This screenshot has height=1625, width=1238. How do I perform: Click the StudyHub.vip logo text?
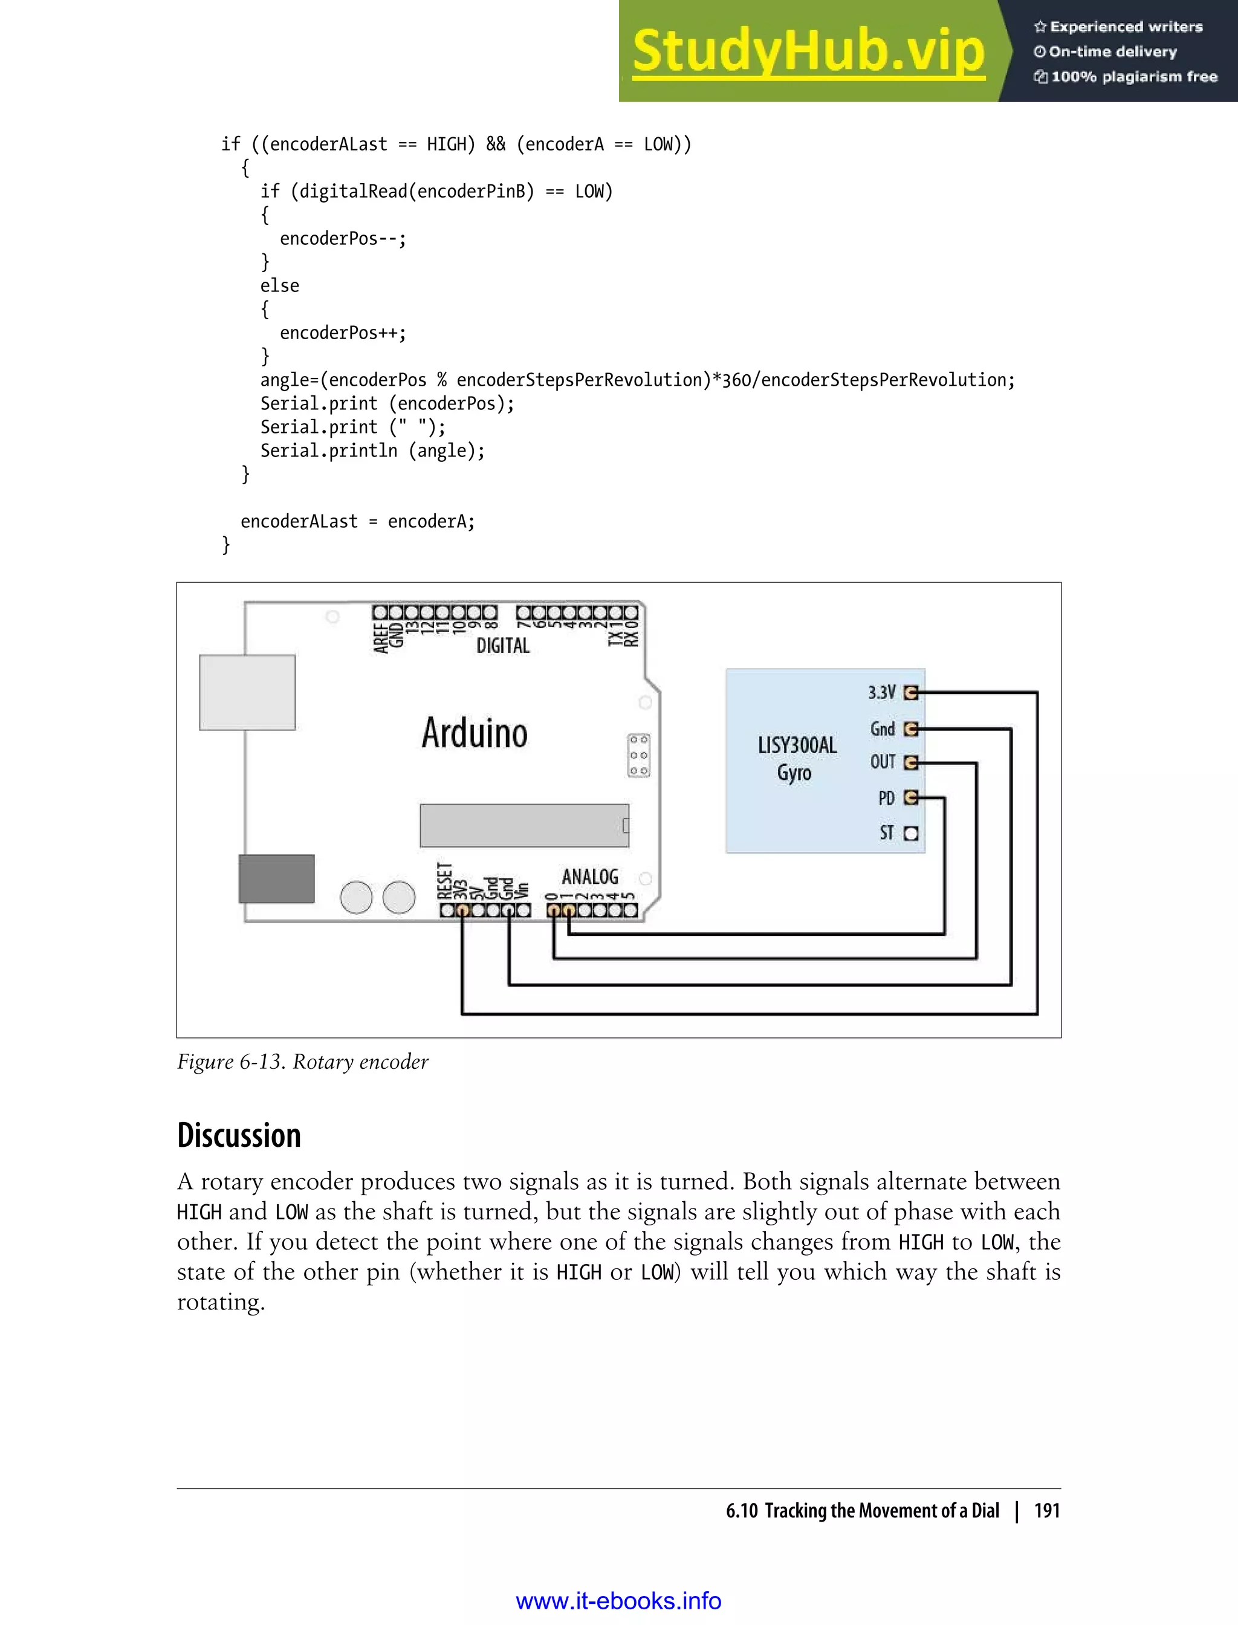coord(808,51)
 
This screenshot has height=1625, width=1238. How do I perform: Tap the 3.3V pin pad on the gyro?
coord(911,693)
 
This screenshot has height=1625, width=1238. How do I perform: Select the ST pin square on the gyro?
coord(911,834)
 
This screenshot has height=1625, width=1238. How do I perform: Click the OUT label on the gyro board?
coord(883,762)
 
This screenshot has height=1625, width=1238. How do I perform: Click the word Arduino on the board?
coord(475,733)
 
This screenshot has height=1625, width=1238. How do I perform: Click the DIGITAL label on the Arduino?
coord(502,646)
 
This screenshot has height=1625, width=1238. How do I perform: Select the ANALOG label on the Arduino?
coord(589,876)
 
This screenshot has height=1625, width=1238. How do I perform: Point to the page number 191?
coord(1046,1511)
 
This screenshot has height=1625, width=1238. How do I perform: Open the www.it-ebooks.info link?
coord(618,1601)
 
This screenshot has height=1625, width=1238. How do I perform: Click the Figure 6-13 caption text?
coord(302,1062)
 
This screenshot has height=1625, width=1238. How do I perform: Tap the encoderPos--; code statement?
coord(343,239)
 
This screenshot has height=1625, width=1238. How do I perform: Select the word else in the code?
coord(279,286)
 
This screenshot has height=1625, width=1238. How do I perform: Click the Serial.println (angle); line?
coord(372,451)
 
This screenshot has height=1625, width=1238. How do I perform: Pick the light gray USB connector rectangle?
coord(247,693)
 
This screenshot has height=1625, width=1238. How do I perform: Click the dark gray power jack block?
coord(276,878)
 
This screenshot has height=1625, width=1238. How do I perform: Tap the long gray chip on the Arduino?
coord(524,825)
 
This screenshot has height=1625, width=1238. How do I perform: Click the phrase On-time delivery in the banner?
coord(1112,51)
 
